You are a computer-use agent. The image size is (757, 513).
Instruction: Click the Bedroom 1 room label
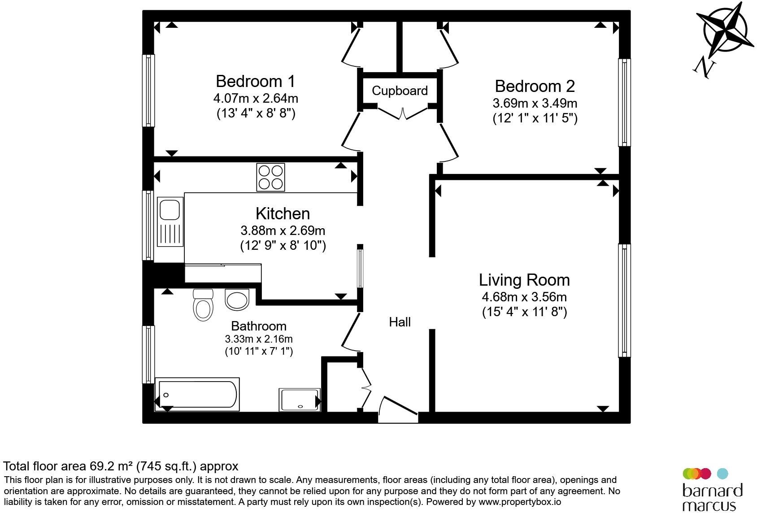click(x=256, y=82)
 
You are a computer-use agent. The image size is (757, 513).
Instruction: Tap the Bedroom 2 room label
click(x=535, y=86)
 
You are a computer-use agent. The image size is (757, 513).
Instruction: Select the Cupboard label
click(x=400, y=91)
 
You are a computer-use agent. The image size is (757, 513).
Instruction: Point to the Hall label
click(x=400, y=322)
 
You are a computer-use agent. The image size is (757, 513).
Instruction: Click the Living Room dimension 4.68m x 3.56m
click(x=524, y=297)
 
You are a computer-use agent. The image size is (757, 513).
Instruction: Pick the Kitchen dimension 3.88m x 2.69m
click(x=283, y=231)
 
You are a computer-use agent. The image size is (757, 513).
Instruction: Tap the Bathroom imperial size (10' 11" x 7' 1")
click(x=259, y=352)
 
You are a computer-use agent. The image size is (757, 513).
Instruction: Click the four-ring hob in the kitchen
click(x=270, y=178)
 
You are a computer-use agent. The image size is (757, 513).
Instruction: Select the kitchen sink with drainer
click(x=170, y=222)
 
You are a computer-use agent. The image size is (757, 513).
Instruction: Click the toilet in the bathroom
click(x=203, y=304)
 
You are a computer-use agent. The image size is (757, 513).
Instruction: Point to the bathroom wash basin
click(x=237, y=300)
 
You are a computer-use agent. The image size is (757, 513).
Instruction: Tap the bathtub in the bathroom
click(x=197, y=394)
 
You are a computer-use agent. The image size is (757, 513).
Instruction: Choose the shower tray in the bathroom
click(x=300, y=400)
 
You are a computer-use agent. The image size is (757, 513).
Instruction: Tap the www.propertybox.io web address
click(x=520, y=502)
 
